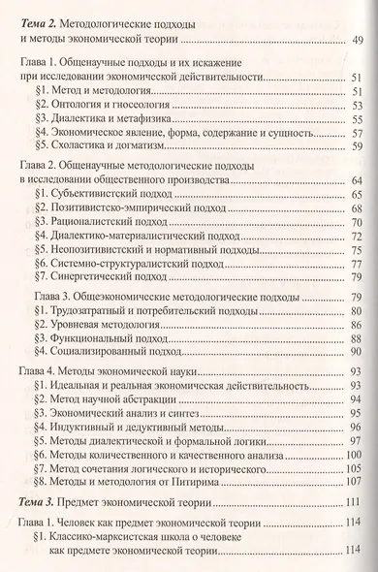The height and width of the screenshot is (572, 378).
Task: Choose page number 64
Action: point(355,180)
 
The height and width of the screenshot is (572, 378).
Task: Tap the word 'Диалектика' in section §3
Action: point(80,118)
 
